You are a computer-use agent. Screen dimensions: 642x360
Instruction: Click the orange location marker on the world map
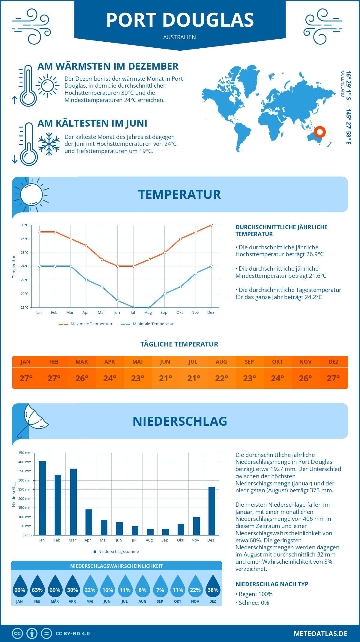(x=320, y=132)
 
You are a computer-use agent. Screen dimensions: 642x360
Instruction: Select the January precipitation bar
(x=43, y=498)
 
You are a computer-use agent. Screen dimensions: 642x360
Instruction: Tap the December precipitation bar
(x=212, y=511)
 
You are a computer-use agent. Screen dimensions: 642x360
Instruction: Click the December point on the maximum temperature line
(x=211, y=225)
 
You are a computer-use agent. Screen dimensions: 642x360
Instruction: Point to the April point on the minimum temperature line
(x=86, y=280)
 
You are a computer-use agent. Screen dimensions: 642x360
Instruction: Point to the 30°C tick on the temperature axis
(x=25, y=225)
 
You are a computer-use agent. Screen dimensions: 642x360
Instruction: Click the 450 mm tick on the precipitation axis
(x=25, y=453)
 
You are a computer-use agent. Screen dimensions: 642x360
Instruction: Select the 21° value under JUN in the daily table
(x=165, y=378)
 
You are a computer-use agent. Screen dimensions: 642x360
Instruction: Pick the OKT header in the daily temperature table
(x=277, y=362)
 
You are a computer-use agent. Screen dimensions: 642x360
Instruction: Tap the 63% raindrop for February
(x=37, y=587)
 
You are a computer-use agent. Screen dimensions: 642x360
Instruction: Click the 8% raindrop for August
(x=142, y=587)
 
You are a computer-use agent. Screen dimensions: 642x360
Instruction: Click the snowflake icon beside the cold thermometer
(x=49, y=144)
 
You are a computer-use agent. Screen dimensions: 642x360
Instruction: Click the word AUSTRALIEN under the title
(x=179, y=37)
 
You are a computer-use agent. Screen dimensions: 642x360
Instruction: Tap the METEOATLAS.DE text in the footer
(x=320, y=634)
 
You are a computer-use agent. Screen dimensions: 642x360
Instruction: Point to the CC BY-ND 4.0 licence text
(x=73, y=634)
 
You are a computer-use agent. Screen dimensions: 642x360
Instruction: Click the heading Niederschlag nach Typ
(x=272, y=584)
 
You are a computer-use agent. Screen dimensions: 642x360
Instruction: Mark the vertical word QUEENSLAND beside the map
(x=342, y=84)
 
